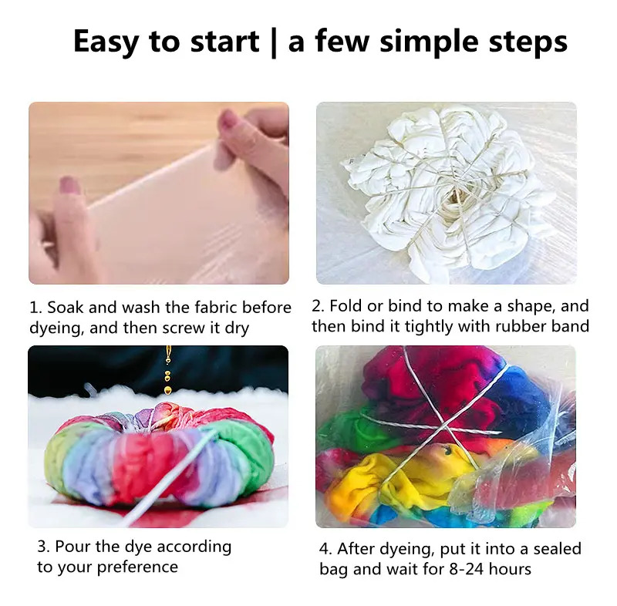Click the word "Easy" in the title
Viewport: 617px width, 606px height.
(106, 42)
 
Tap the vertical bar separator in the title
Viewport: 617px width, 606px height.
(274, 42)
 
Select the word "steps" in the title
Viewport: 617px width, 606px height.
(528, 42)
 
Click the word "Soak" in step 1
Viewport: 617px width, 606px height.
(66, 308)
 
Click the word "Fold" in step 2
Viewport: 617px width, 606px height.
(346, 306)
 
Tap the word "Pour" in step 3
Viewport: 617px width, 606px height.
(73, 547)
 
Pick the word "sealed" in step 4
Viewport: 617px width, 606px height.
(557, 549)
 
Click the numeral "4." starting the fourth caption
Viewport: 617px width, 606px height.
(325, 549)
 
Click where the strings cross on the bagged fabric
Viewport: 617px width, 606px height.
(444, 425)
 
